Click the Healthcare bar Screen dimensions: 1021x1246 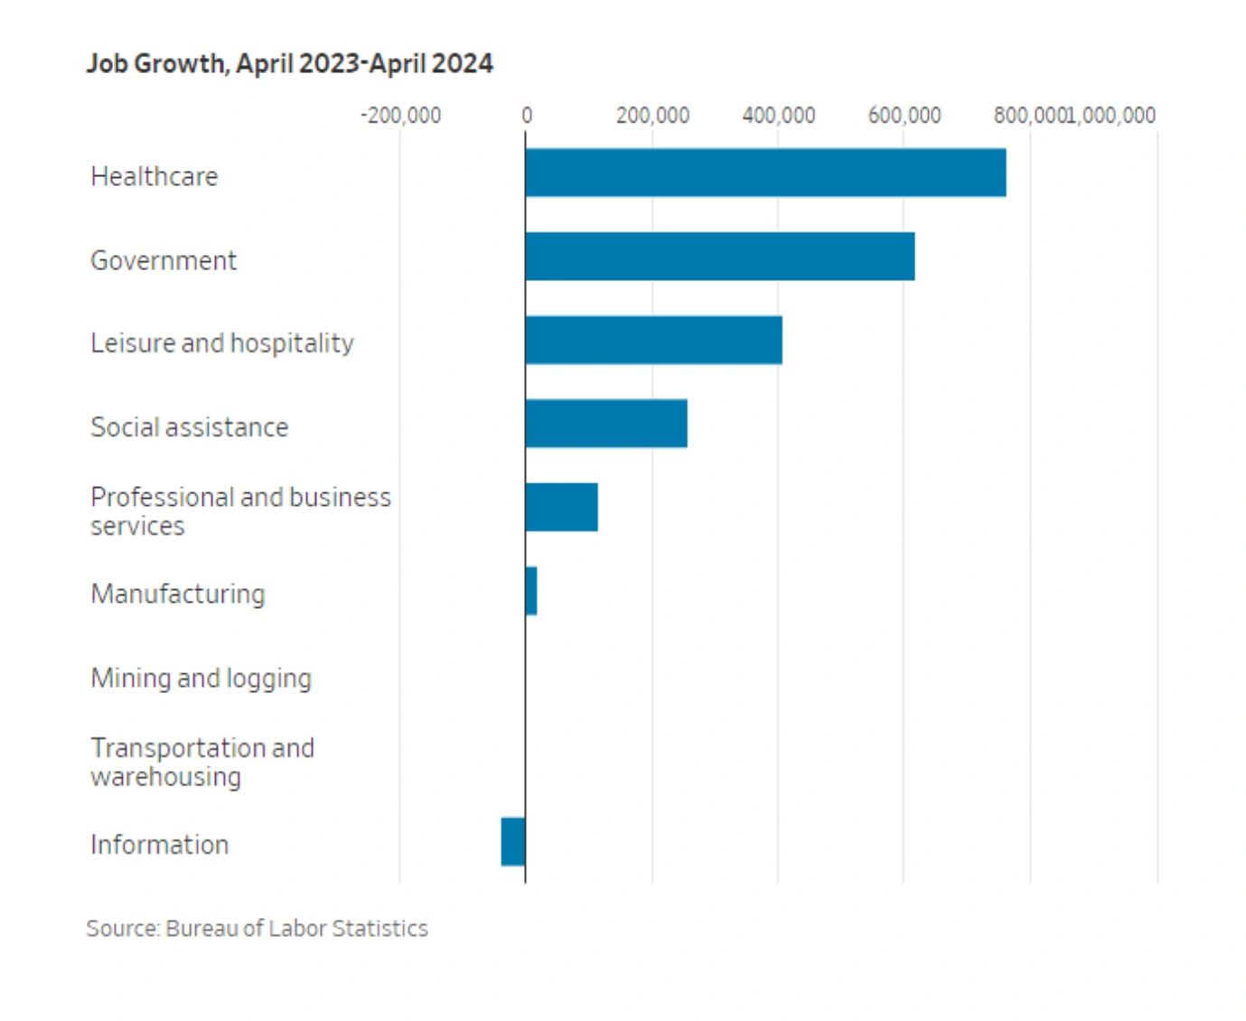[x=765, y=173]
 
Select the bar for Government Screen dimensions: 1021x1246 [x=719, y=257]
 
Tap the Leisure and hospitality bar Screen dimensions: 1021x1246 [x=653, y=340]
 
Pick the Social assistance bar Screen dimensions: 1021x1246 [x=605, y=423]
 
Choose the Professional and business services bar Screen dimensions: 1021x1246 [x=561, y=507]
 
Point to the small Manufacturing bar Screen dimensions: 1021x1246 [x=531, y=591]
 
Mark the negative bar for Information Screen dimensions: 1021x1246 [x=513, y=841]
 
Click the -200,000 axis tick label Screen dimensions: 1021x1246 [x=400, y=116]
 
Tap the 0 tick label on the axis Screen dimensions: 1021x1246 [x=526, y=116]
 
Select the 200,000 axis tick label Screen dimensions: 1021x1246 [x=652, y=116]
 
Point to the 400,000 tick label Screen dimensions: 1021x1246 [x=778, y=116]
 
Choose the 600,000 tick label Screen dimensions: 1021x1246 [x=904, y=116]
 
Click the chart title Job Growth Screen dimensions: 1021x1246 [x=289, y=63]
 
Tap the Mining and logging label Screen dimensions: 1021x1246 [x=201, y=678]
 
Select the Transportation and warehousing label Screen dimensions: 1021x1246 [x=202, y=762]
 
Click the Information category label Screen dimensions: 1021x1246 [x=159, y=845]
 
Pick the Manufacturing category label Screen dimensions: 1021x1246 [x=178, y=594]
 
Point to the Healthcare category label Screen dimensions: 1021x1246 [x=155, y=176]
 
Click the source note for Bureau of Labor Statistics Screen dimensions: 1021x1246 [x=257, y=928]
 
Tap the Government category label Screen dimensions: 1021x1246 [x=164, y=260]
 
